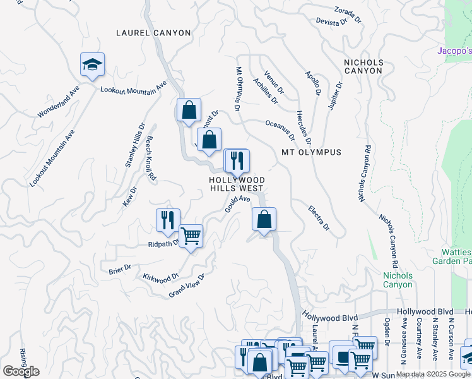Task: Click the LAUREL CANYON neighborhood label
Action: (x=153, y=32)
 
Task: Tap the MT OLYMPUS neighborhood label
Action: (x=311, y=152)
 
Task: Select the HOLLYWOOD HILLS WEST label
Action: (x=237, y=184)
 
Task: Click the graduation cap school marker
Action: (x=92, y=64)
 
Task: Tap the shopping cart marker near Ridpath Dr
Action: (x=191, y=236)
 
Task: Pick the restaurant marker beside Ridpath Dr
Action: (x=168, y=220)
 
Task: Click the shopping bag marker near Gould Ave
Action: (x=264, y=220)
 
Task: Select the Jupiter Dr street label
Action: (x=335, y=95)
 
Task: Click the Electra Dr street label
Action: (x=319, y=217)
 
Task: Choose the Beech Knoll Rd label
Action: (x=151, y=159)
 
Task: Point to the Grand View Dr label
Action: (x=187, y=286)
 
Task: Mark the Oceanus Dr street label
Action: (x=280, y=130)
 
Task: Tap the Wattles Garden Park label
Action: (x=452, y=256)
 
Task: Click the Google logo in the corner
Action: (x=21, y=371)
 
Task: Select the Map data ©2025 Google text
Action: (x=433, y=374)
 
